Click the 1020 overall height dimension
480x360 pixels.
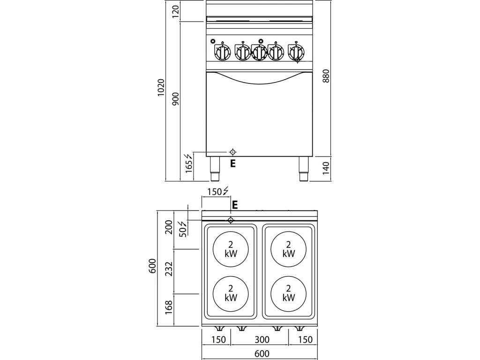[161, 87]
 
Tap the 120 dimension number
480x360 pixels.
[176, 11]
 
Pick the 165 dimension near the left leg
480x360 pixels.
[189, 165]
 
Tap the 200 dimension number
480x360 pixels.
[170, 228]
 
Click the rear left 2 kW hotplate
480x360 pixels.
[231, 249]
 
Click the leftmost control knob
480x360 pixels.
[222, 52]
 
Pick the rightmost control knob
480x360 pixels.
[296, 52]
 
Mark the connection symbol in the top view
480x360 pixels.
[231, 220]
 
